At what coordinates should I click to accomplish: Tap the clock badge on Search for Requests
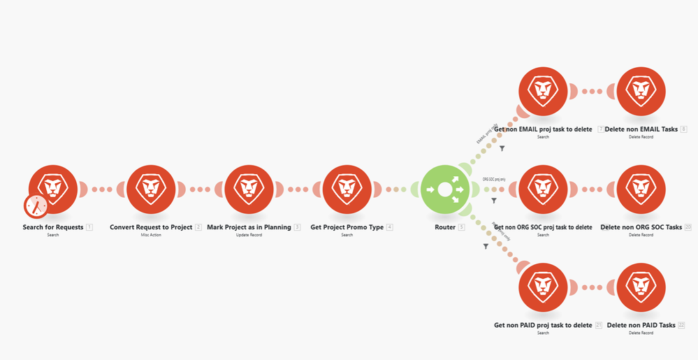(36, 206)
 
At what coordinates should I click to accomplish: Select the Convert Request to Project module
(151, 189)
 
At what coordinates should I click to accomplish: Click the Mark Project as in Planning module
(249, 189)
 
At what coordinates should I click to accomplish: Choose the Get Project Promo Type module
(347, 189)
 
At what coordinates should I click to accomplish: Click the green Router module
(444, 189)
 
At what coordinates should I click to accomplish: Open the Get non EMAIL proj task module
(543, 92)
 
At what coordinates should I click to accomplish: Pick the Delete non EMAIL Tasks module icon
(641, 92)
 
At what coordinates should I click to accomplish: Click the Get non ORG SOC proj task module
(543, 189)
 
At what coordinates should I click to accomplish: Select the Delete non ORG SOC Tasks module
(641, 189)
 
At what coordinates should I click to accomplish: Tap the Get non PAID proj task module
(543, 287)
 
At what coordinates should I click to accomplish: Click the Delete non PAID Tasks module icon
(641, 287)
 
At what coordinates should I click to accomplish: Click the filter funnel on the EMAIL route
(502, 148)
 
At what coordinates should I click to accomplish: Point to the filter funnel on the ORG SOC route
(494, 201)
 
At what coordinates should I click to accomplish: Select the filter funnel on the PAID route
(485, 246)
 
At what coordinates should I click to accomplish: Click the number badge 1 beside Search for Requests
(89, 227)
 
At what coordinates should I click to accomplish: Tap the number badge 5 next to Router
(461, 227)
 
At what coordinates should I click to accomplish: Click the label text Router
(444, 227)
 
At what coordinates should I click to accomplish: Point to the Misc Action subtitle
(151, 235)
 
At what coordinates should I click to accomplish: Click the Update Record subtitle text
(249, 235)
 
